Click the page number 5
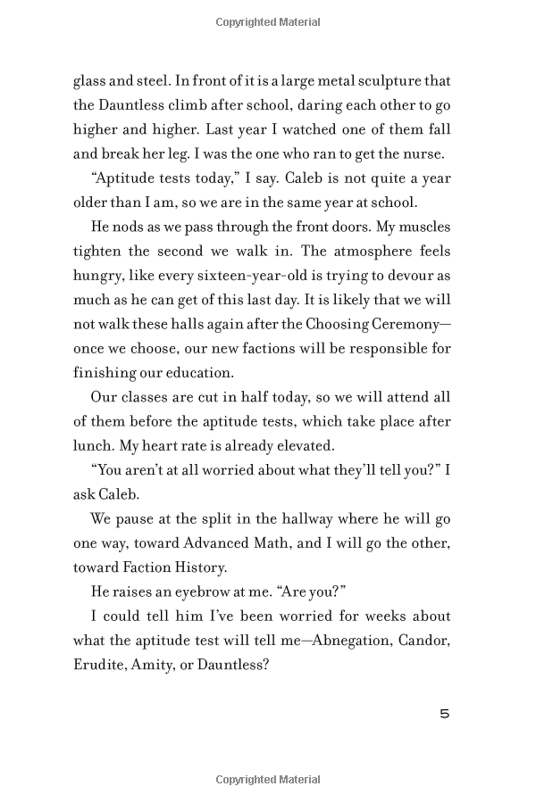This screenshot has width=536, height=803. point(445,714)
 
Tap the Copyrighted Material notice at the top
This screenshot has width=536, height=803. point(268,22)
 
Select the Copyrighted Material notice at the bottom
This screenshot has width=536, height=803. point(268,780)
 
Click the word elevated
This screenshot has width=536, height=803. point(295,443)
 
